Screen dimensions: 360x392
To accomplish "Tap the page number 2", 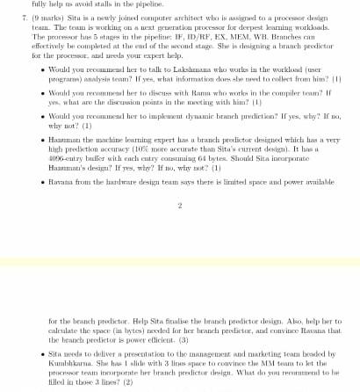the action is click(x=179, y=206).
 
